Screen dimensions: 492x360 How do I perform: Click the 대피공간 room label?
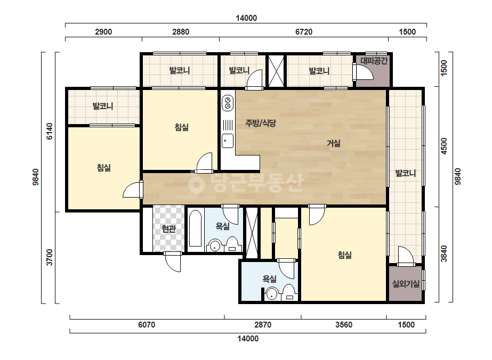[x=374, y=61]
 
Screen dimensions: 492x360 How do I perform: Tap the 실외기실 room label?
[x=406, y=284]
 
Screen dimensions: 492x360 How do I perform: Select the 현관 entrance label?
[x=168, y=229]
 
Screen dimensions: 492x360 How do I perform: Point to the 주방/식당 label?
[x=261, y=123]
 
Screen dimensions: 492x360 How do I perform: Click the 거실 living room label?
[x=334, y=143]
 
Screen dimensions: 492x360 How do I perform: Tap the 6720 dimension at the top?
[x=304, y=31]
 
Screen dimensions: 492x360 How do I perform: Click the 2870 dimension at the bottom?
[x=263, y=325]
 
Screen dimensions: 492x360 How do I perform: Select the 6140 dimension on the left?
[x=50, y=131]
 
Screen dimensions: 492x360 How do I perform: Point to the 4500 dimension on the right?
[x=443, y=146]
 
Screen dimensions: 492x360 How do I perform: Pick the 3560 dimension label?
[x=344, y=325]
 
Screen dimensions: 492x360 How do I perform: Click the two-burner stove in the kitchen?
[x=228, y=103]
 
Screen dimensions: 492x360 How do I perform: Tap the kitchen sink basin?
[x=228, y=141]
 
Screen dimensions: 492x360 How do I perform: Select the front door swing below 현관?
[x=172, y=262]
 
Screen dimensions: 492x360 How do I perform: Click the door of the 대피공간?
[x=362, y=72]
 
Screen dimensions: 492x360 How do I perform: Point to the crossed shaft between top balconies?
[x=276, y=70]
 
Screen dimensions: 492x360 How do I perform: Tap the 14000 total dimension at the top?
[x=246, y=18]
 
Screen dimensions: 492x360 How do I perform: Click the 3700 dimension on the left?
[x=50, y=257]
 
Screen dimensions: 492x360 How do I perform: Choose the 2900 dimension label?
[x=103, y=31]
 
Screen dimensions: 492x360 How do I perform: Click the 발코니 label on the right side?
[x=405, y=173]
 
